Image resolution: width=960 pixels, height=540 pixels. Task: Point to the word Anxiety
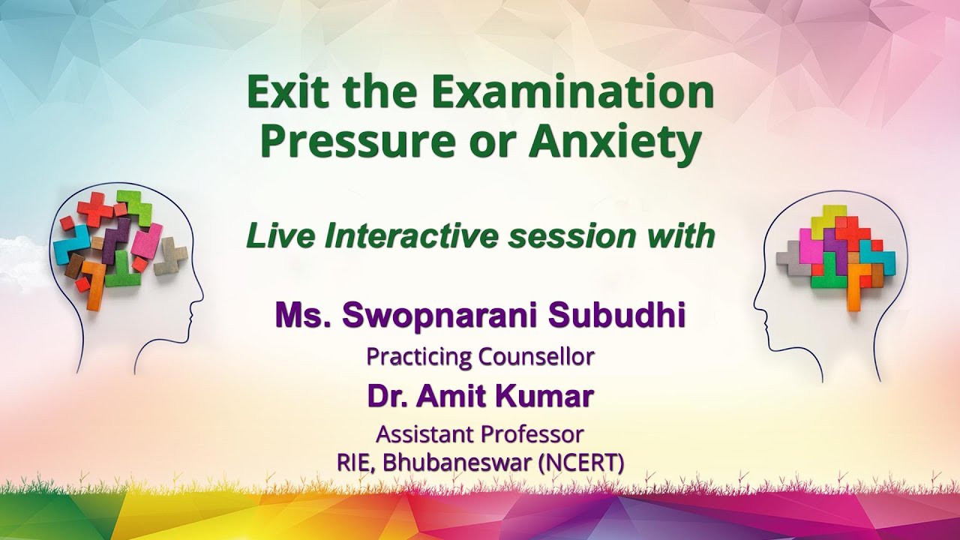(x=614, y=142)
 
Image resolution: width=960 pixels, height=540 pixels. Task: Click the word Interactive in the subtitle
(x=412, y=236)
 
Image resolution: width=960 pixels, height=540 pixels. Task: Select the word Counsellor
(x=536, y=356)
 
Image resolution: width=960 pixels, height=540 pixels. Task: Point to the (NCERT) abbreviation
(x=581, y=462)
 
